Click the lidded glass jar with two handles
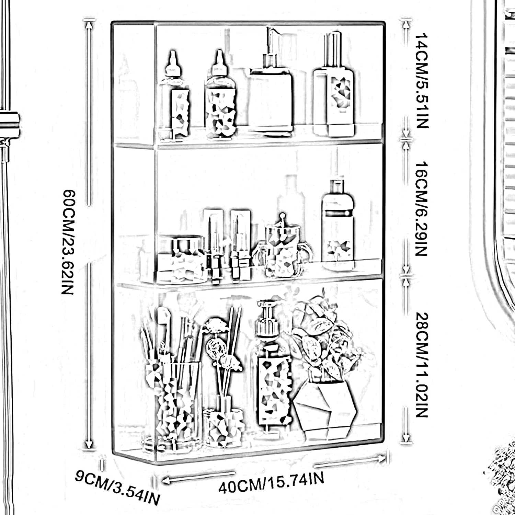(x=283, y=249)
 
